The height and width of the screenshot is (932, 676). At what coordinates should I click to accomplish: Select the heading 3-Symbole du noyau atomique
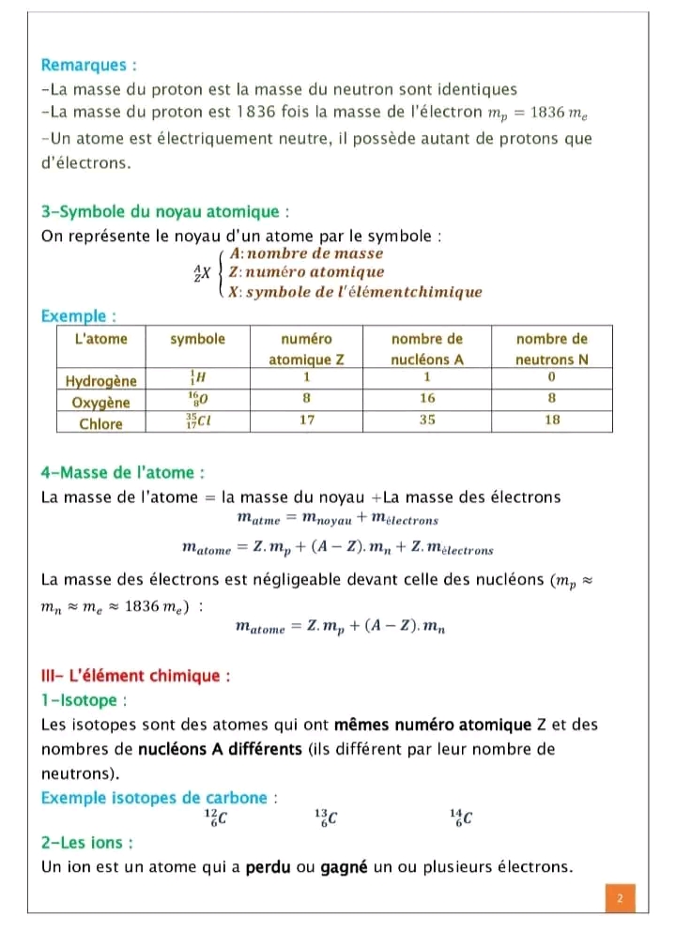160,211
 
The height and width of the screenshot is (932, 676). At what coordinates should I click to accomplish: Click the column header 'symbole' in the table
197,339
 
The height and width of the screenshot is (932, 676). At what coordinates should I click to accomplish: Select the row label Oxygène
100,402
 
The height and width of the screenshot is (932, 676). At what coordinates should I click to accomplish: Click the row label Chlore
100,422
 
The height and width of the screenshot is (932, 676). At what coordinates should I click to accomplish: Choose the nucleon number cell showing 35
427,420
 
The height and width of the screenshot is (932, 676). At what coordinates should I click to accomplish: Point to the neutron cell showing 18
552,420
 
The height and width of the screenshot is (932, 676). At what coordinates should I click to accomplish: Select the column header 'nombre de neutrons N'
552,348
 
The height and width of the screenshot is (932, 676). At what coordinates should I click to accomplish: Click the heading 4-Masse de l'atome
123,472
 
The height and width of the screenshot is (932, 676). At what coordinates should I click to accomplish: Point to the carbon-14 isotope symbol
461,818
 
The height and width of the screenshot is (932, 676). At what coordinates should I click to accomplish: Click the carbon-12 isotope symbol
216,818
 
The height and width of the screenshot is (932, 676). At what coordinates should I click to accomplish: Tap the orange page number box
620,898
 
